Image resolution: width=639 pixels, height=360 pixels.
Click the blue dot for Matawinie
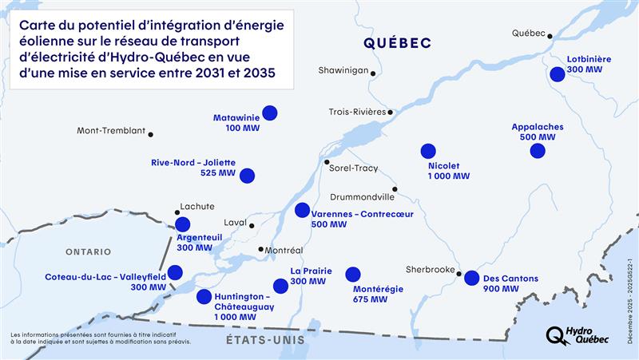pyautogui.click(x=270, y=113)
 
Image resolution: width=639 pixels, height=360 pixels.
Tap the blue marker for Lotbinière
pyautogui.click(x=558, y=73)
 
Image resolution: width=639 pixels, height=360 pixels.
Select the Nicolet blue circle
pyautogui.click(x=428, y=150)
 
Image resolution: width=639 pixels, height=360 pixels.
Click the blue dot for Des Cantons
pyautogui.click(x=471, y=278)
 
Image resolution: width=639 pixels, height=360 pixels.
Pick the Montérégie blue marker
pyautogui.click(x=352, y=274)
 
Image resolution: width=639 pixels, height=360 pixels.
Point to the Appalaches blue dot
pyautogui.click(x=537, y=150)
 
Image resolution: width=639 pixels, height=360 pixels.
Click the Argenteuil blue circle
pyautogui.click(x=183, y=224)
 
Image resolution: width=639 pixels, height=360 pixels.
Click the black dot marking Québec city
pyautogui.click(x=550, y=34)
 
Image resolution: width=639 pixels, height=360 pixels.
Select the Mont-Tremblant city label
pyautogui.click(x=110, y=131)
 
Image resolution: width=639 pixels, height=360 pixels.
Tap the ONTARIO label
pyautogui.click(x=88, y=251)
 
